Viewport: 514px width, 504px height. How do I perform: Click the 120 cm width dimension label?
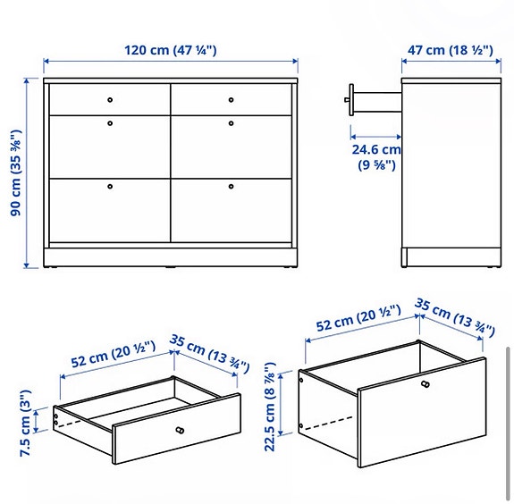click(x=171, y=50)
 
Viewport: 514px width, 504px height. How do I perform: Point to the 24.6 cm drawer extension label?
click(x=375, y=157)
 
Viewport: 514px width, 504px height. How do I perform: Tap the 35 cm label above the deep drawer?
click(x=455, y=319)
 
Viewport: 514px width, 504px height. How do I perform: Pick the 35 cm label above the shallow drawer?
click(x=209, y=355)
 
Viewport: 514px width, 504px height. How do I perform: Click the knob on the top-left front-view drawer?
click(x=110, y=99)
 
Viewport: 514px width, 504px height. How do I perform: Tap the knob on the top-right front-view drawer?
click(x=231, y=99)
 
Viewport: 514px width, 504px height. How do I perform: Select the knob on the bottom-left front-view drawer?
click(x=110, y=187)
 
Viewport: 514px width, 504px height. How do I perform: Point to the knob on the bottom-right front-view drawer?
click(x=231, y=187)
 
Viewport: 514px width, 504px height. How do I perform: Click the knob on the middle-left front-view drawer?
click(x=110, y=122)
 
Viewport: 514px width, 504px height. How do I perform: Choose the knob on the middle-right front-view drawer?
click(x=231, y=122)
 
